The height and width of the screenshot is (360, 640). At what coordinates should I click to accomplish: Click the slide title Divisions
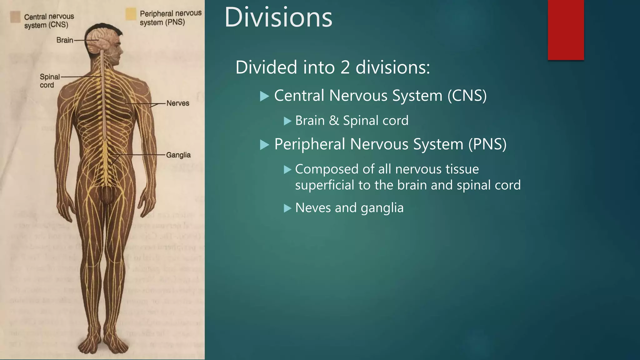coord(278,17)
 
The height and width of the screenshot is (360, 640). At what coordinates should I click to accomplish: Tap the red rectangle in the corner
coord(566,30)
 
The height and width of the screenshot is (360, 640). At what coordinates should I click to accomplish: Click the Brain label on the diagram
coord(65,40)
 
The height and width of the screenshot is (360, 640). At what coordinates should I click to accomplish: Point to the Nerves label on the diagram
coord(177,103)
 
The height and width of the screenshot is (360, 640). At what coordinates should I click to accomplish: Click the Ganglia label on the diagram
coord(178,155)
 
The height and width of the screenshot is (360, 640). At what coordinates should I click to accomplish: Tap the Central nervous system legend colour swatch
coord(15,17)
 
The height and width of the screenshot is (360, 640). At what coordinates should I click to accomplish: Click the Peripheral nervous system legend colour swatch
coord(131,14)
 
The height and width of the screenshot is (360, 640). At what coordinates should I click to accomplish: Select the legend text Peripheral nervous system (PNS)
coord(171,18)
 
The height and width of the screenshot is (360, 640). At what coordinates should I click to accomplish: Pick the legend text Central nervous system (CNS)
coord(49,21)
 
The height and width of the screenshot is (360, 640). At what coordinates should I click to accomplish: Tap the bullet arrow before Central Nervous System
coord(264,96)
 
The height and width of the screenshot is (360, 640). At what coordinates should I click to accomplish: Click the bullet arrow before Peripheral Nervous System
coord(264,145)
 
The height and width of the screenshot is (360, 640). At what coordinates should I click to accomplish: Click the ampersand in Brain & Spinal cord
coord(334,121)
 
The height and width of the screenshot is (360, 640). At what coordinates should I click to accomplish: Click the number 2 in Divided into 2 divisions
coord(345,67)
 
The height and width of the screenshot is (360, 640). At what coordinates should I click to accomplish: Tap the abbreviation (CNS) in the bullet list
coord(467,96)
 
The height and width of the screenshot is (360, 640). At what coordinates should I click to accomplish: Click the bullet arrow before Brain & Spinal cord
coord(287,121)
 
